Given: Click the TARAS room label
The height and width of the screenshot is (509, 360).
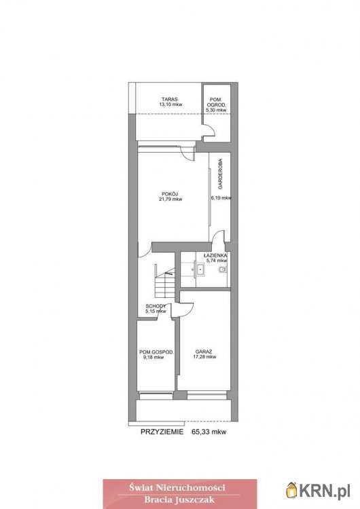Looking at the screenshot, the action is coord(170,99).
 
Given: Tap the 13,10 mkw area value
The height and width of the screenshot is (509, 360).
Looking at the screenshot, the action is coord(170,105).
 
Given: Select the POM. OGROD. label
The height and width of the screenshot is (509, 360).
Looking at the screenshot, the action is coord(217,102).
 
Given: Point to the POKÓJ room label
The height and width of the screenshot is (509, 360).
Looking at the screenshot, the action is coord(170,194).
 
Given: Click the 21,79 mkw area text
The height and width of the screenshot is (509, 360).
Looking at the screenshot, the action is coord(170,200).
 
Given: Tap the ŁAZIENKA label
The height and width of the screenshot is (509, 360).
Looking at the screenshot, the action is coord(215,255).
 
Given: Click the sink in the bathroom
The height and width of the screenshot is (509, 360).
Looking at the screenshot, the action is coord(200,269).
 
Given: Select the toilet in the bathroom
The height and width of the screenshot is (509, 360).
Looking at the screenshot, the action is coord(223,269).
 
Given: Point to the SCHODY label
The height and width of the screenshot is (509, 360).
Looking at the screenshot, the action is coord(156,306).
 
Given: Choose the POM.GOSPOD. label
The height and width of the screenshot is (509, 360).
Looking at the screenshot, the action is coord(156,352).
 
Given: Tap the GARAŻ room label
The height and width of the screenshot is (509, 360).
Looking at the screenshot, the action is coord(204,352).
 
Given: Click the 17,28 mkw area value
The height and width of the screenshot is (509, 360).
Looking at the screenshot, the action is coord(204,357).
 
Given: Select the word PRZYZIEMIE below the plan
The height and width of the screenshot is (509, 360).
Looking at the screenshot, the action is coord(162,432).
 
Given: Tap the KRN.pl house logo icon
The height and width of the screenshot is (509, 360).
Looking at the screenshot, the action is coord(292,489).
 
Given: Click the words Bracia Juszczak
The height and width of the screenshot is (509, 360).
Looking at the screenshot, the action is coord(179,499).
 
